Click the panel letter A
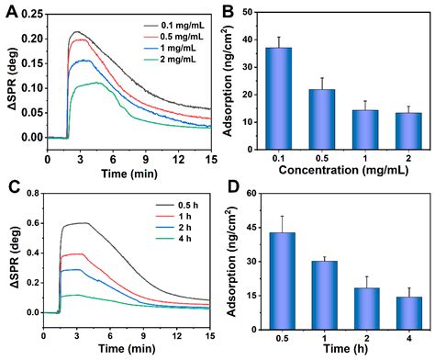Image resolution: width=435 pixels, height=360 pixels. coord(12,12)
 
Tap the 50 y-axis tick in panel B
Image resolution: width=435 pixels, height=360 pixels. coord(257,12)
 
